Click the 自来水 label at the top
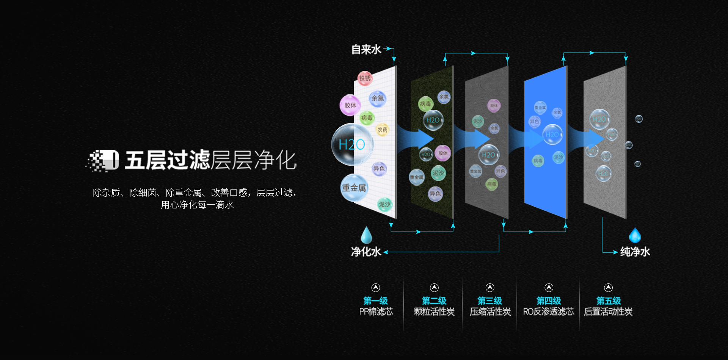[366, 50]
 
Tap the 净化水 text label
[366, 252]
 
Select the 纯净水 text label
[635, 252]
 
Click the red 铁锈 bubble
[365, 78]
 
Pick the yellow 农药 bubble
[382, 130]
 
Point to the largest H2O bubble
[352, 144]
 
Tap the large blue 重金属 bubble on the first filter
[354, 188]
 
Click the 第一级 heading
[375, 301]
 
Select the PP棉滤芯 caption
[376, 312]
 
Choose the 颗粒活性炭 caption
[434, 312]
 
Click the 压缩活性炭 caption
[490, 312]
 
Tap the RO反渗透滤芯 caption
[548, 312]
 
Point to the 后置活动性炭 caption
[608, 312]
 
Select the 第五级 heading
[608, 301]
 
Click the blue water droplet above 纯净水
[635, 236]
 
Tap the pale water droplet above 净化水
[366, 235]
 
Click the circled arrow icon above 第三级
[490, 288]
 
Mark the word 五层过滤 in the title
[167, 160]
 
